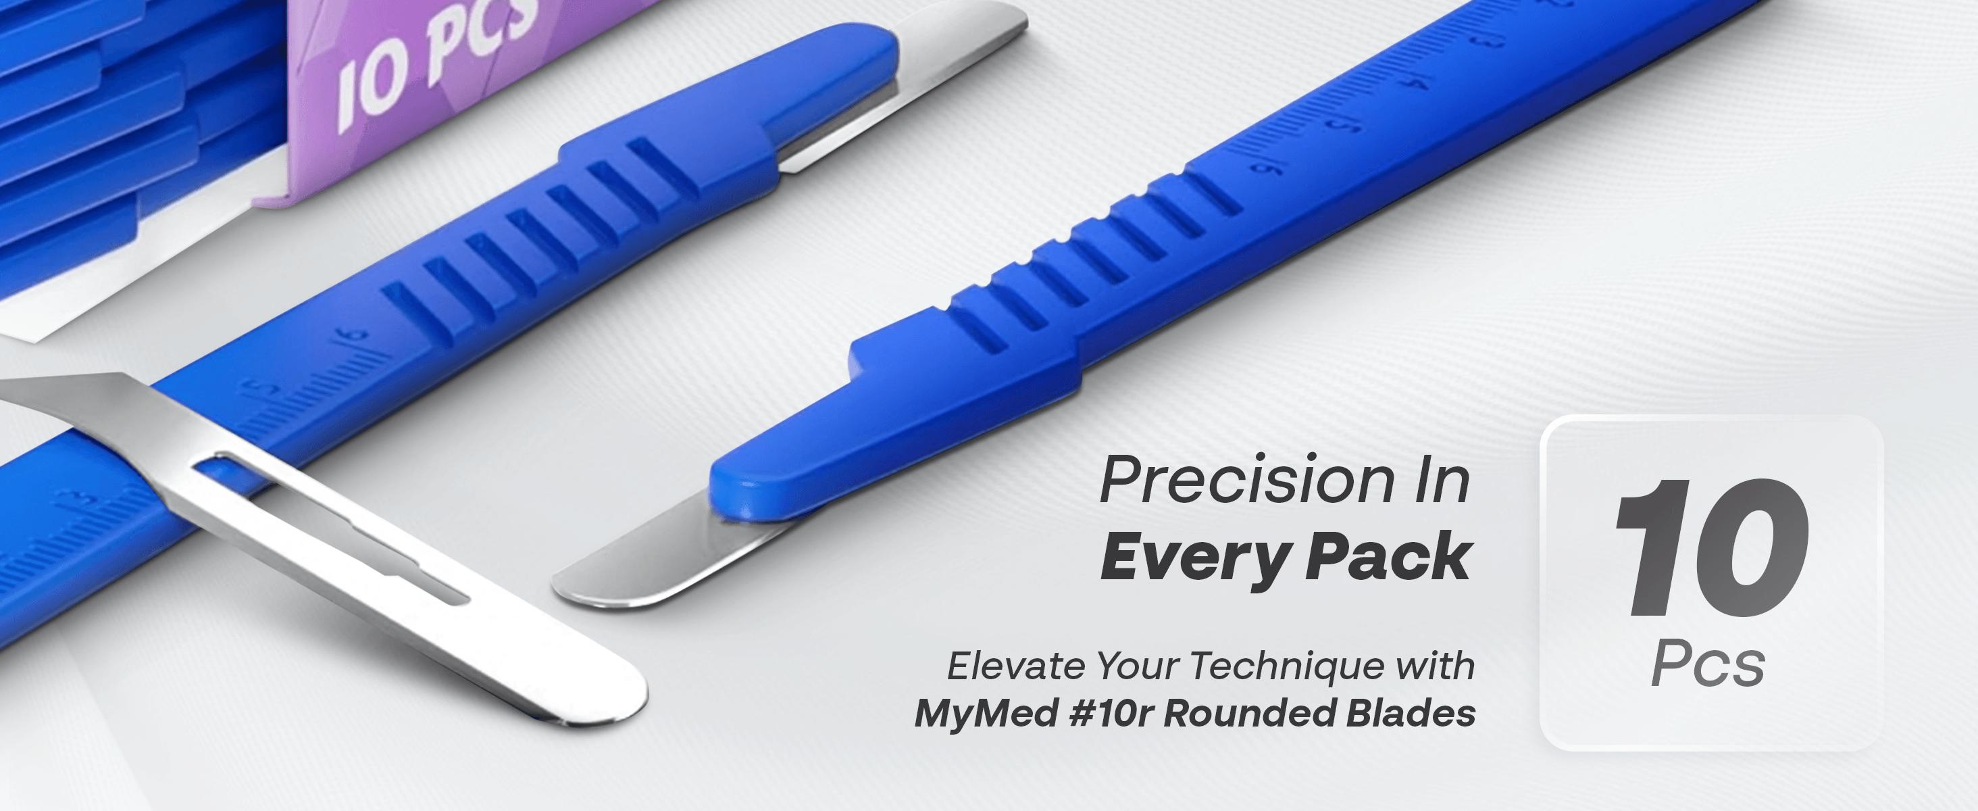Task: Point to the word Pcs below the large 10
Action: tap(1708, 664)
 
